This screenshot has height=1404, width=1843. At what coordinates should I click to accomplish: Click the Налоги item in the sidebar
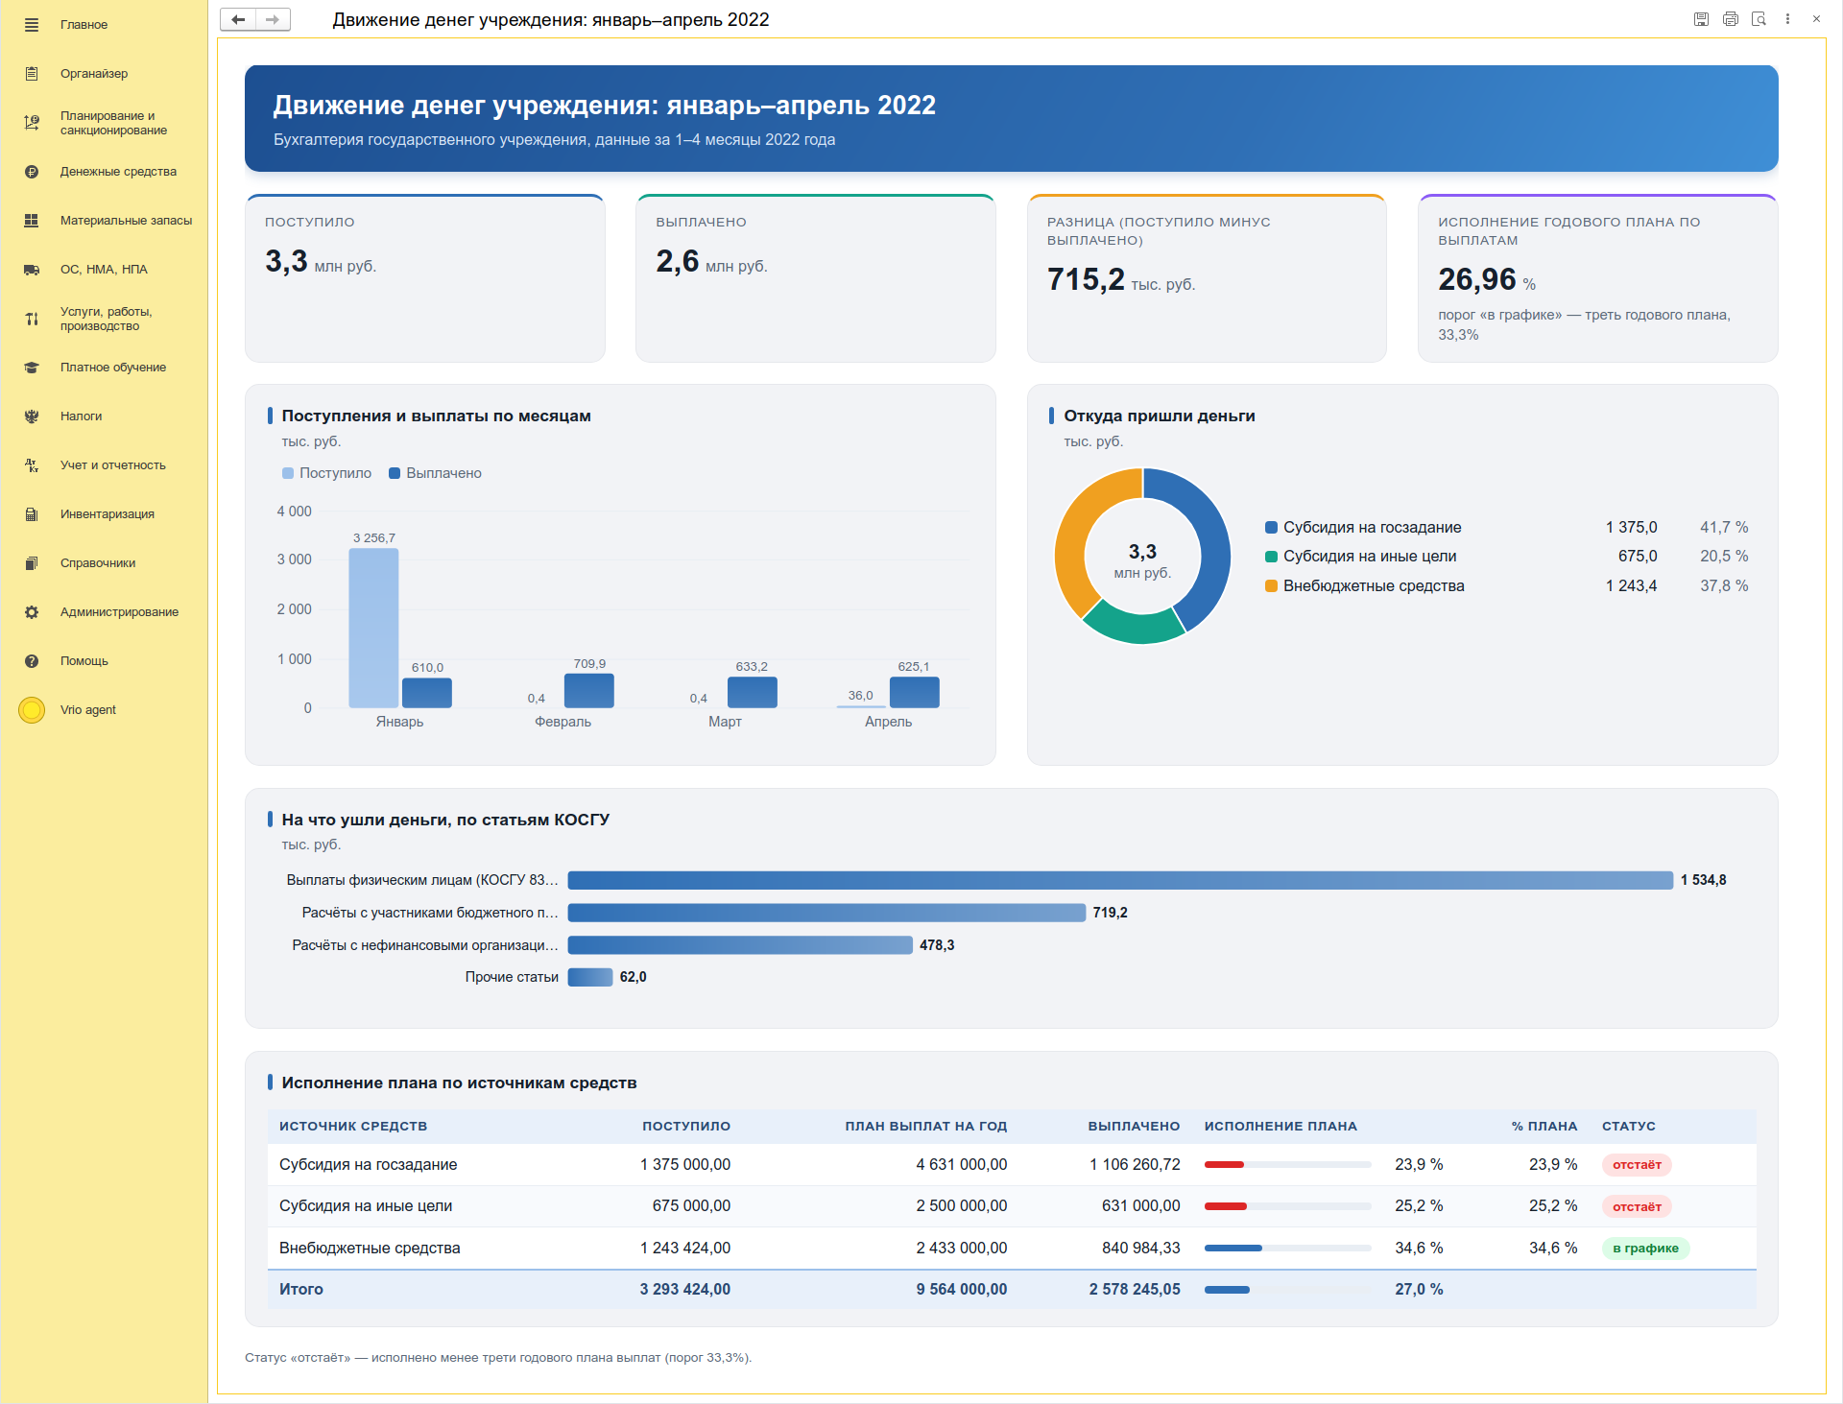click(81, 416)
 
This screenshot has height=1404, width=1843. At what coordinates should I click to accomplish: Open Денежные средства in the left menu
click(118, 172)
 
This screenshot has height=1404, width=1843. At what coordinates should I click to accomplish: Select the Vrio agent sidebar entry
click(87, 710)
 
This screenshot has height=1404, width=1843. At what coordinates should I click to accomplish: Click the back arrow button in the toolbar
click(238, 19)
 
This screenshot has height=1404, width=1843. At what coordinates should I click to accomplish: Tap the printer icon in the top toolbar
click(1730, 19)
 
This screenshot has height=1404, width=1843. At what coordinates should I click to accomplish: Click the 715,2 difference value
click(1086, 279)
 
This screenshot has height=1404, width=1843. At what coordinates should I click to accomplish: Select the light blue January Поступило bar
click(373, 628)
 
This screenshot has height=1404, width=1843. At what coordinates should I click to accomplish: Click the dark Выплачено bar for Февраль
click(589, 691)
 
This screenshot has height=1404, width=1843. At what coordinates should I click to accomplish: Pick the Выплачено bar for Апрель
click(915, 693)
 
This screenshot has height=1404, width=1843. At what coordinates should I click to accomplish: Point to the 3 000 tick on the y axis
click(294, 559)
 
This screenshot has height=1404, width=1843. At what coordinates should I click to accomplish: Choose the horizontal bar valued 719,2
click(826, 913)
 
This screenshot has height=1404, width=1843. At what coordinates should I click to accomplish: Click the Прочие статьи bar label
click(512, 977)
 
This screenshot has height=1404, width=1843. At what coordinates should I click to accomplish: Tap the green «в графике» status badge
click(1645, 1249)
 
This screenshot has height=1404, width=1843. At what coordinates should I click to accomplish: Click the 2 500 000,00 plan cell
click(961, 1206)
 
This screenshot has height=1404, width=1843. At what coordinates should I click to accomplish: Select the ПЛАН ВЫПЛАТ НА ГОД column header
click(925, 1127)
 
